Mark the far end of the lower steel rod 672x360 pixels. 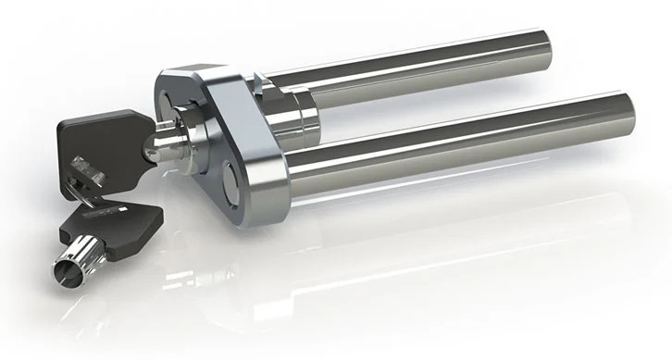pyautogui.click(x=626, y=112)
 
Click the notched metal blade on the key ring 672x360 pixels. pyautogui.click(x=88, y=172)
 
